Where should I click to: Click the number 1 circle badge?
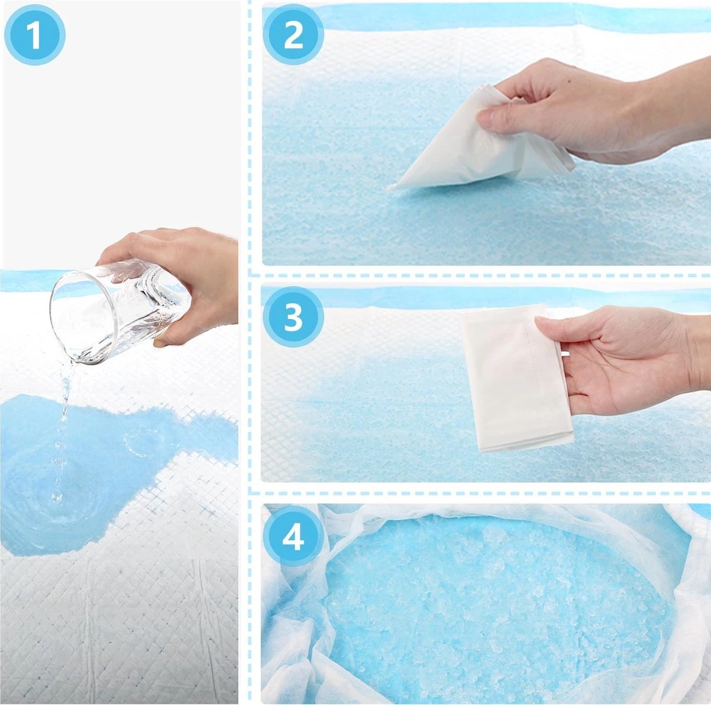(34, 34)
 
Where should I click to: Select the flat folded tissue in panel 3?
(515, 379)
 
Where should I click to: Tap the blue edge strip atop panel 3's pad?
(415, 296)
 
